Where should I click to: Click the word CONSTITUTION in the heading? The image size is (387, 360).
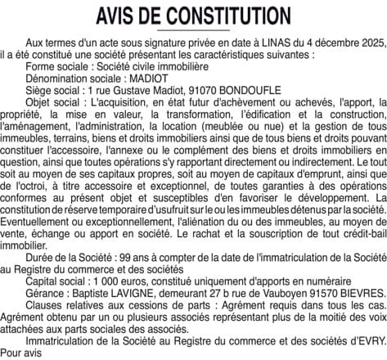click(223, 16)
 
